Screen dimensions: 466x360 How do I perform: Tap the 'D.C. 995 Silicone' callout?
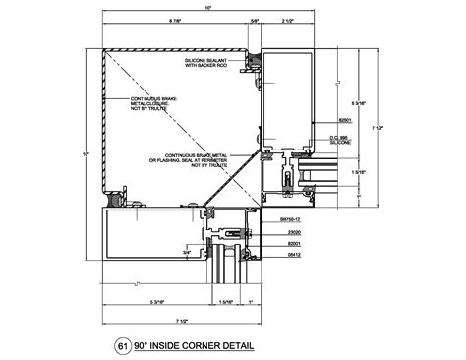pyautogui.click(x=339, y=141)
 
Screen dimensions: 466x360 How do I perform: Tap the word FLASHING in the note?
pyautogui.click(x=173, y=160)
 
